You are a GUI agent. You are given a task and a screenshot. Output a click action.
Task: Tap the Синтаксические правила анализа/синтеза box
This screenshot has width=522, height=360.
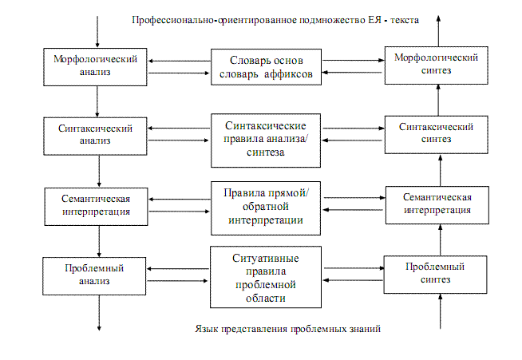[266, 140]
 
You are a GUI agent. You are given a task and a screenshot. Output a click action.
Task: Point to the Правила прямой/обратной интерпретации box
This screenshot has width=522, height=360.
[266, 208]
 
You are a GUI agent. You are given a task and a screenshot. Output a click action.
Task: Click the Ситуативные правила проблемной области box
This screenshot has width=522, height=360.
[266, 276]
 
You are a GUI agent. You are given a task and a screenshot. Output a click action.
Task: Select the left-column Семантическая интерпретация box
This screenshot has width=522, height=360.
[97, 204]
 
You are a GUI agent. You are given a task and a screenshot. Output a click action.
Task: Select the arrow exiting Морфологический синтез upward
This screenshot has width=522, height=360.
[437, 32]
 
